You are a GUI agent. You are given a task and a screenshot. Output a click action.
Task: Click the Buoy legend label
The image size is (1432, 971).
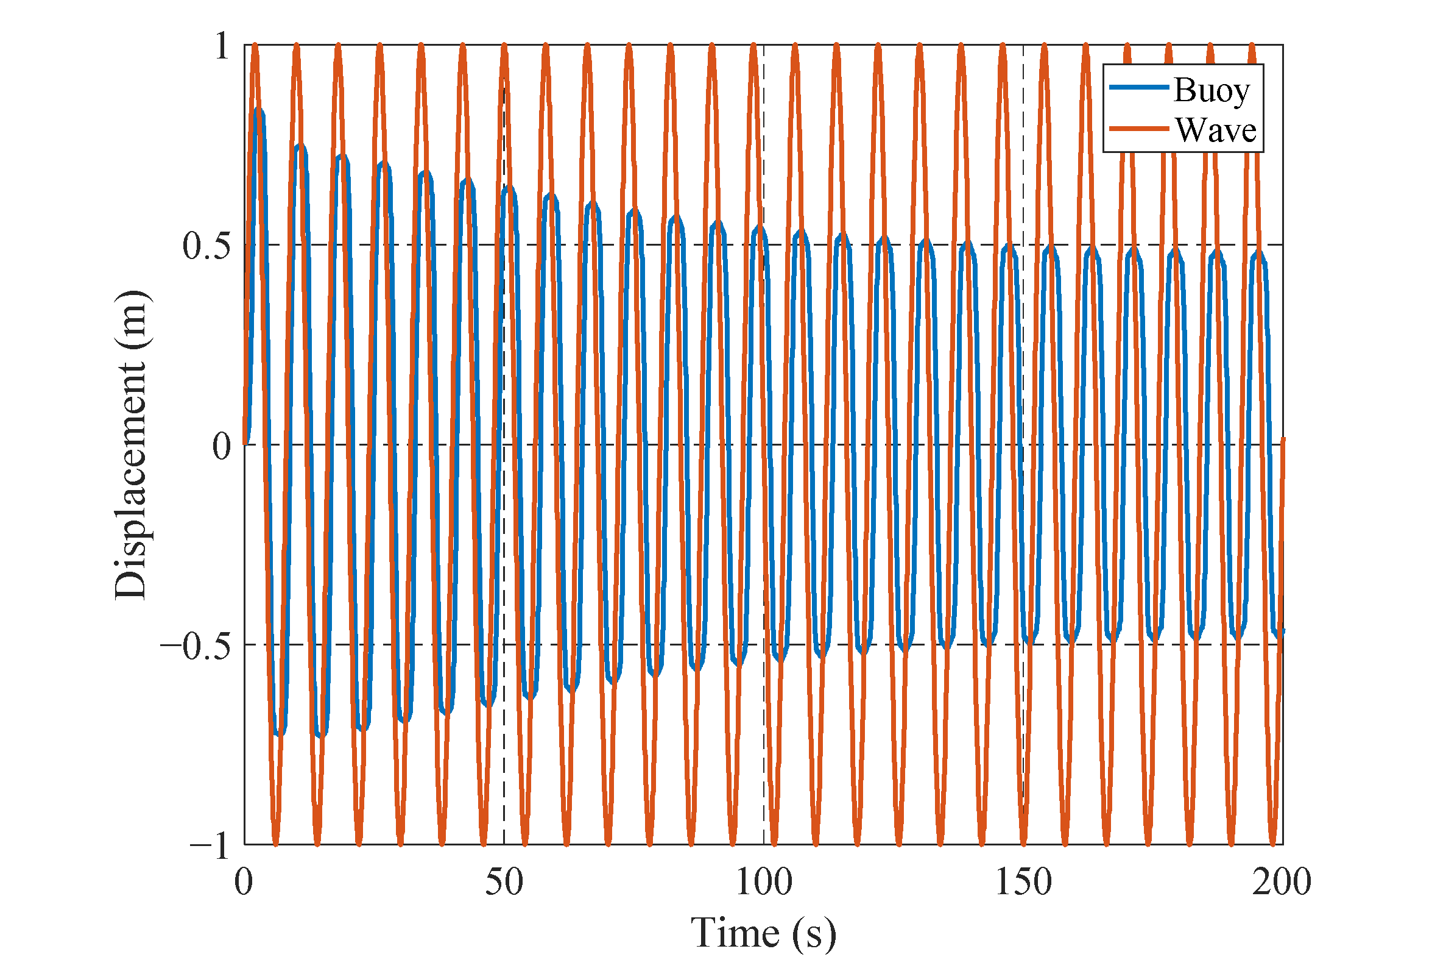point(1211,90)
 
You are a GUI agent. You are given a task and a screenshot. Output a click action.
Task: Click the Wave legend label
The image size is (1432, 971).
point(1215,130)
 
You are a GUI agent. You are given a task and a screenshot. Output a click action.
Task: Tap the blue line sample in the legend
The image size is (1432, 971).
point(1138,88)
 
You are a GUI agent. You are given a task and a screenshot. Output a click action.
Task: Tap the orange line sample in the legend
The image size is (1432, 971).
point(1138,129)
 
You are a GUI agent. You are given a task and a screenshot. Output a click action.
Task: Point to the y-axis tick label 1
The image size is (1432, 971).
point(222,46)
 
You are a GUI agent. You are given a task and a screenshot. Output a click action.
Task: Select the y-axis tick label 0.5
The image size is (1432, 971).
point(206,246)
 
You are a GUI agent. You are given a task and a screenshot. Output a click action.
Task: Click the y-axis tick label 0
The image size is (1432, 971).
point(221,446)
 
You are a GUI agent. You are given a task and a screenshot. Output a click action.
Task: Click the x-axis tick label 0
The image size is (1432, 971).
point(244,882)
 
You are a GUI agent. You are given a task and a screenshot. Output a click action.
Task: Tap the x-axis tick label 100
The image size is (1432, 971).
point(763,882)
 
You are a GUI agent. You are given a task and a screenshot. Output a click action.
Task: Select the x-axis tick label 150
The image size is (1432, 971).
point(1023,882)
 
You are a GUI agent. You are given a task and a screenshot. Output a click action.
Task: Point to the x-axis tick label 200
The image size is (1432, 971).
point(1282,882)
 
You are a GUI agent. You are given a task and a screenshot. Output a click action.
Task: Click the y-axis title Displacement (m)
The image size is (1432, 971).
point(130,444)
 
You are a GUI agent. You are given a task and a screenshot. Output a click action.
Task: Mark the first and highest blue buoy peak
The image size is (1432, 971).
point(259,112)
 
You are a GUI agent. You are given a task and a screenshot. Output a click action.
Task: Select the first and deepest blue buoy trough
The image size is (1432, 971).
point(279,733)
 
